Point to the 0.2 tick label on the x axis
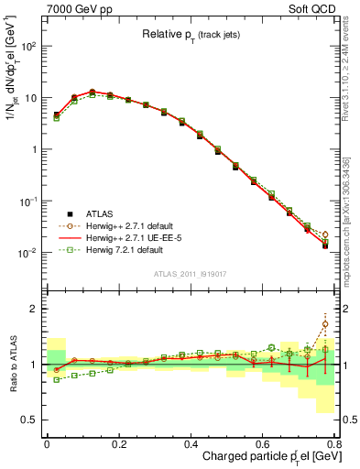click(x=119, y=445)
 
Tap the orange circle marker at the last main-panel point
click(x=326, y=234)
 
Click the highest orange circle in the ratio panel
click(x=326, y=323)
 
